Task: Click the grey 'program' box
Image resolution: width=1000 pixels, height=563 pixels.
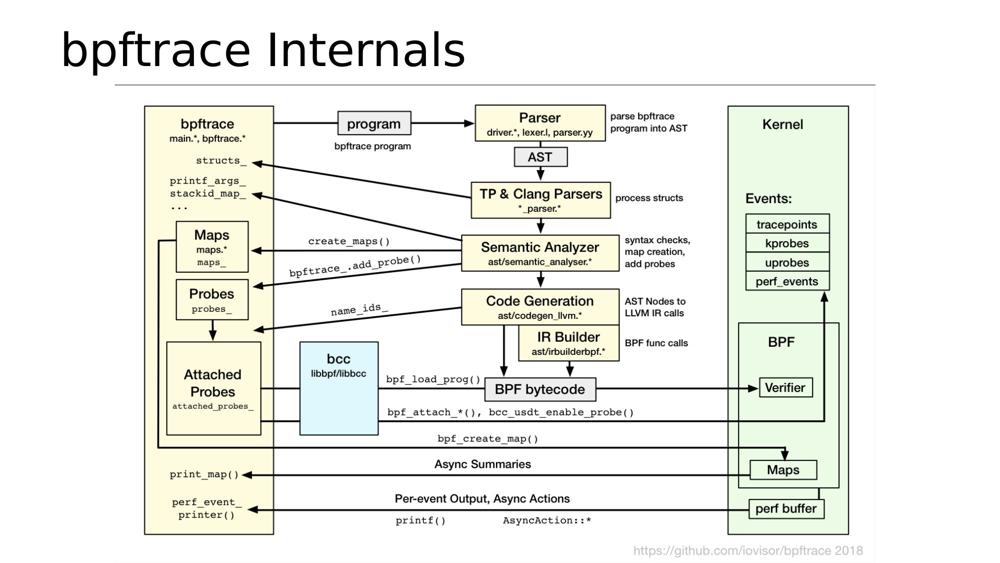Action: point(374,123)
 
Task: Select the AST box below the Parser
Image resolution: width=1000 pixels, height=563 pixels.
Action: point(540,157)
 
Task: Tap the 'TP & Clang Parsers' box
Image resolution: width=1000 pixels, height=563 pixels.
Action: point(540,200)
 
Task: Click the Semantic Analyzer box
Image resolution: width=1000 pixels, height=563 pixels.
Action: point(540,253)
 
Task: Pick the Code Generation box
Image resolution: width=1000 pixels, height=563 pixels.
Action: point(540,306)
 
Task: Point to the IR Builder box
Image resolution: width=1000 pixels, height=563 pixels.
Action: point(568,343)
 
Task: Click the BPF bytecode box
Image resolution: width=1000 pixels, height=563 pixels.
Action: point(540,389)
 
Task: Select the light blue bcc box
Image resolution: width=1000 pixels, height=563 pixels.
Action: point(338,388)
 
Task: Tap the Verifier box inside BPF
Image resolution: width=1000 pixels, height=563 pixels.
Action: point(785,387)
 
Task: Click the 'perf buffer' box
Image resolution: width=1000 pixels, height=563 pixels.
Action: point(786,508)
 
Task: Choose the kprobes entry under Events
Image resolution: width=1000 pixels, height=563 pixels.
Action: point(787,243)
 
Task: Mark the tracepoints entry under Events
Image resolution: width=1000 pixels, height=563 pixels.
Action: point(787,224)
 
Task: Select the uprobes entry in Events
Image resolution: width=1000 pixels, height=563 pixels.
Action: point(787,262)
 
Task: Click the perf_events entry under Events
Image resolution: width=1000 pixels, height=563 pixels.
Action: point(787,281)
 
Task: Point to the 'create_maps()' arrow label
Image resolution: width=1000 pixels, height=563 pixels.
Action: point(348,241)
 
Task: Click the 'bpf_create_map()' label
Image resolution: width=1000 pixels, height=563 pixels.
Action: point(487,439)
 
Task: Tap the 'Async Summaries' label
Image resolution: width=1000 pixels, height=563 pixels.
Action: point(482,464)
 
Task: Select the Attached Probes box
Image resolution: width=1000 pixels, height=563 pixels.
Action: point(213,388)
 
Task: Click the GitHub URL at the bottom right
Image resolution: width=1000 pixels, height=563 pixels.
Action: point(747,550)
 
